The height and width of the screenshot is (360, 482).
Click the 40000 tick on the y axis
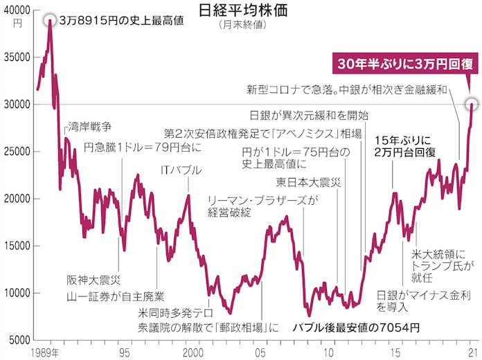coord(18,10)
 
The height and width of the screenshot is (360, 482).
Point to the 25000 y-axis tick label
coord(18,151)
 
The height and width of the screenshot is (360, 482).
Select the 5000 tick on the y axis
coord(21,340)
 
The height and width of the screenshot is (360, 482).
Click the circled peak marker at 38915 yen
coord(50,20)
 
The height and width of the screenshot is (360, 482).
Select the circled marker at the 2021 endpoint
coord(471,105)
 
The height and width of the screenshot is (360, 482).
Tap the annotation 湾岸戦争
coord(90,127)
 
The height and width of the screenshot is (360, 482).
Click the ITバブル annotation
coord(181,170)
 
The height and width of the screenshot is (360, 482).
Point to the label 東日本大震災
coord(308,183)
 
